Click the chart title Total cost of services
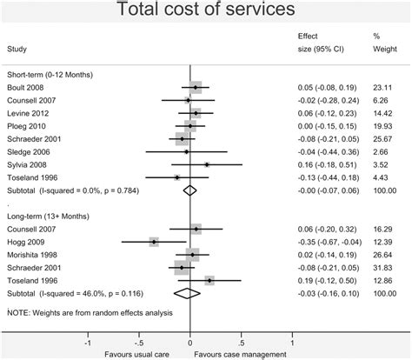[205, 11]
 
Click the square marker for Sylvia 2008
[207, 164]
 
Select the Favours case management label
[243, 353]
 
